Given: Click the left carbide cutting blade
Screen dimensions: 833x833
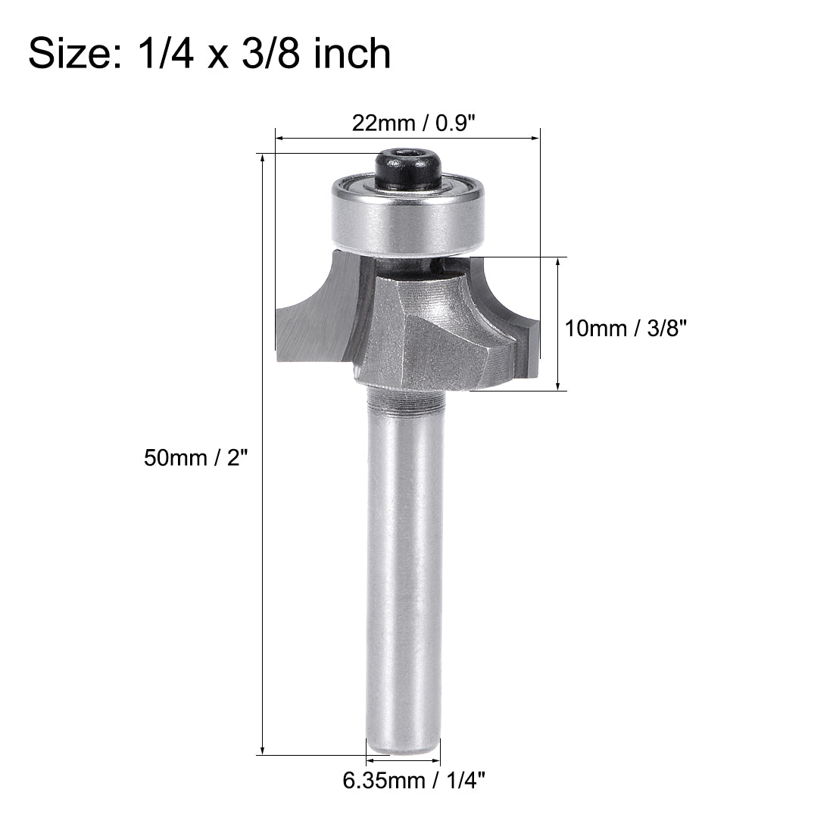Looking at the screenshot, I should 310,318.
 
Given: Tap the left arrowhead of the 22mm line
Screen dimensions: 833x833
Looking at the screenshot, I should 279,139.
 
